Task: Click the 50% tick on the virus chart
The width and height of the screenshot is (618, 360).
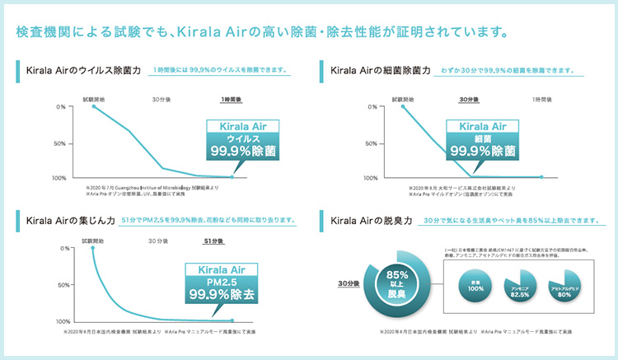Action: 60,143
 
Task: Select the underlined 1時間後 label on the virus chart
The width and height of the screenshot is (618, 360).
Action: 232,98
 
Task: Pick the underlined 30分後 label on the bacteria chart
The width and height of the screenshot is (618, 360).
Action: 468,98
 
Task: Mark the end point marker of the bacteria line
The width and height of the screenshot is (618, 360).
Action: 541,176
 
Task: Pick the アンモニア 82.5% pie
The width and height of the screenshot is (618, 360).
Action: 520,286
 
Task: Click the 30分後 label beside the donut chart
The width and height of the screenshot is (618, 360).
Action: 349,283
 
